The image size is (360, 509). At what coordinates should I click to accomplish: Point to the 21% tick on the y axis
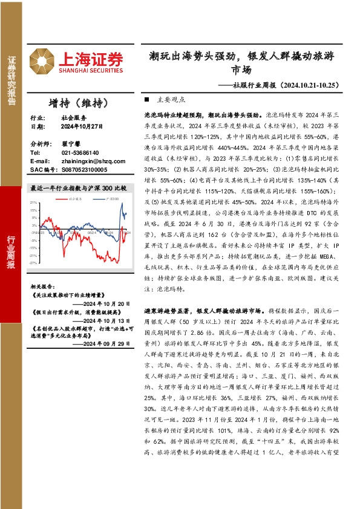click(x=33, y=203)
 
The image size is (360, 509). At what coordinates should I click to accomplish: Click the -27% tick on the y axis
click(x=33, y=280)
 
